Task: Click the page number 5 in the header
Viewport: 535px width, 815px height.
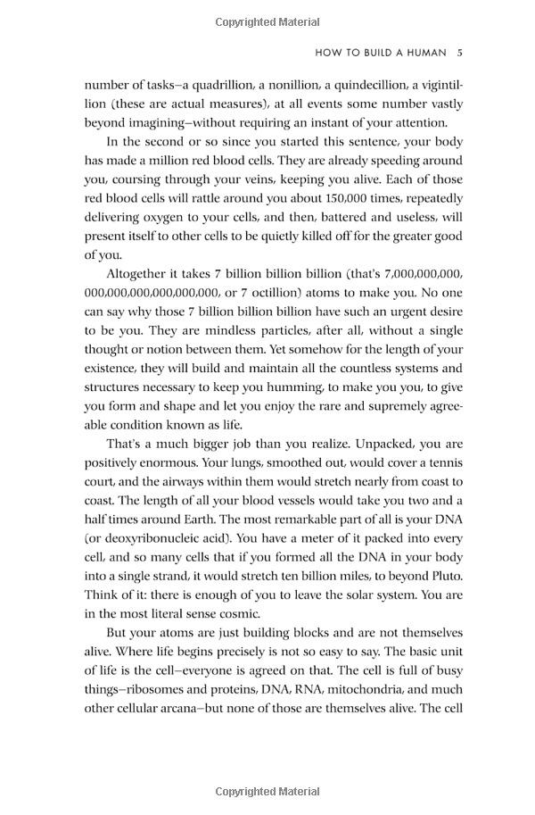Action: point(459,53)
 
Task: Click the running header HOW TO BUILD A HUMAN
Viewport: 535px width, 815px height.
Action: point(381,53)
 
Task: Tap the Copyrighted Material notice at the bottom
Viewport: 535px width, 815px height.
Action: point(267,791)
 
